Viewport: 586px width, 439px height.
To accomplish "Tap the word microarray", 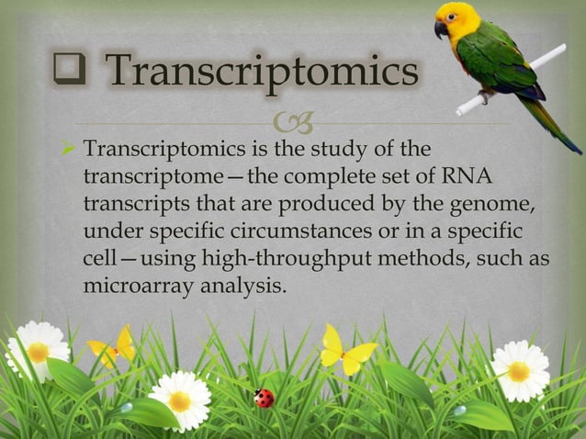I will [x=130, y=285].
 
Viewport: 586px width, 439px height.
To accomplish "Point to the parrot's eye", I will [x=455, y=17].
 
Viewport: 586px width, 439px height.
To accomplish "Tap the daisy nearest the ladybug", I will [x=179, y=399].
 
